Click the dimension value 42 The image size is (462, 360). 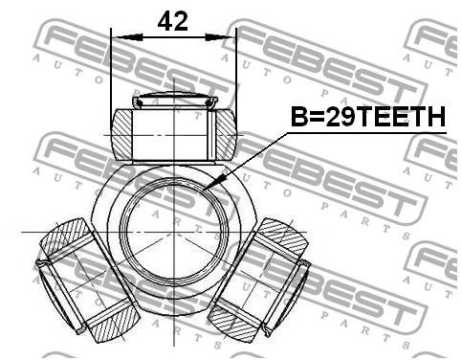173,21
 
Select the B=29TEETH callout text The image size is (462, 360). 368,118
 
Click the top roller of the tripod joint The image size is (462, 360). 173,132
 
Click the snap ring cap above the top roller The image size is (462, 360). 173,101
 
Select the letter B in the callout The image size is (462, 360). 299,118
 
